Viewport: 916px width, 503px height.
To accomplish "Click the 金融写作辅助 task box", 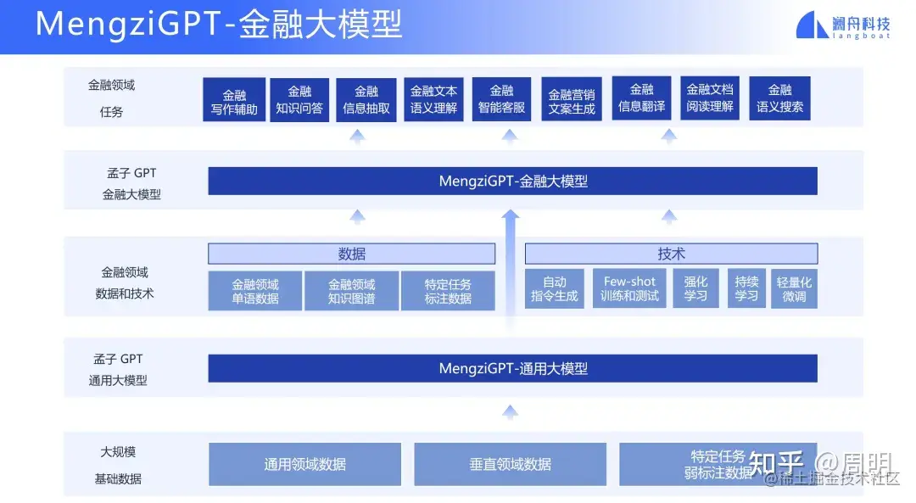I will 234,101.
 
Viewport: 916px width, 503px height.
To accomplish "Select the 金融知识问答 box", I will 299,99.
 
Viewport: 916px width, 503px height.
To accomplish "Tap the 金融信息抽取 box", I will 366,100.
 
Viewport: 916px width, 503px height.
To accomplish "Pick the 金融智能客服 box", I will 501,99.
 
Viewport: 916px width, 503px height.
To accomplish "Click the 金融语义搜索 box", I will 779,99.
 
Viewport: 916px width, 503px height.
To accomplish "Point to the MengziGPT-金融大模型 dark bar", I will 512,181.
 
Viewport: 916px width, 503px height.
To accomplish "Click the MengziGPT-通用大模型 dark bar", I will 512,368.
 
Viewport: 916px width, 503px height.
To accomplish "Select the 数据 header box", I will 351,254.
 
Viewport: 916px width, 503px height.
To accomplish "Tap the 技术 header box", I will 671,254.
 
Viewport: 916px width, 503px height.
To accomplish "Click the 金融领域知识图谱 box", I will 351,291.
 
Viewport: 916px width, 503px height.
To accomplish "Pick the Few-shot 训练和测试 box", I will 629,289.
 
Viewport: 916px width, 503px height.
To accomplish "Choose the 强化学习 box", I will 695,289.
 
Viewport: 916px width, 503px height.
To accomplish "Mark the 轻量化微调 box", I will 794,289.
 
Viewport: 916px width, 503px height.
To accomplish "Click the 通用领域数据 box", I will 304,464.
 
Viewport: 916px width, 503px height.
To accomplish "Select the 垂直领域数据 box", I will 510,464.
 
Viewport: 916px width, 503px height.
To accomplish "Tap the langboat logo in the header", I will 843,25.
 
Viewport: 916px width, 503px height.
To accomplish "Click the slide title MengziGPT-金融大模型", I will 219,25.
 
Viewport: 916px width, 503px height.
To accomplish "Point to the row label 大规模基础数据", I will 118,465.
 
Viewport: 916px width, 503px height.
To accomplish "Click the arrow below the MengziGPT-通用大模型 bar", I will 510,412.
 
